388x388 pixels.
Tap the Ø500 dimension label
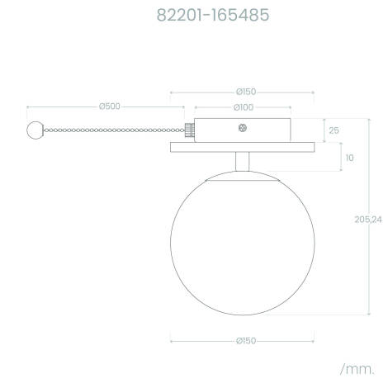(x=109, y=106)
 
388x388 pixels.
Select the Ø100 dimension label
(x=243, y=107)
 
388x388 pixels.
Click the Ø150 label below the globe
(x=243, y=340)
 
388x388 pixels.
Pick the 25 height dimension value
(x=334, y=131)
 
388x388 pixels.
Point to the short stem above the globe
(x=242, y=162)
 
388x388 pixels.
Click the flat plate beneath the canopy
(x=242, y=148)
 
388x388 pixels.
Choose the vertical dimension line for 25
(x=322, y=130)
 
